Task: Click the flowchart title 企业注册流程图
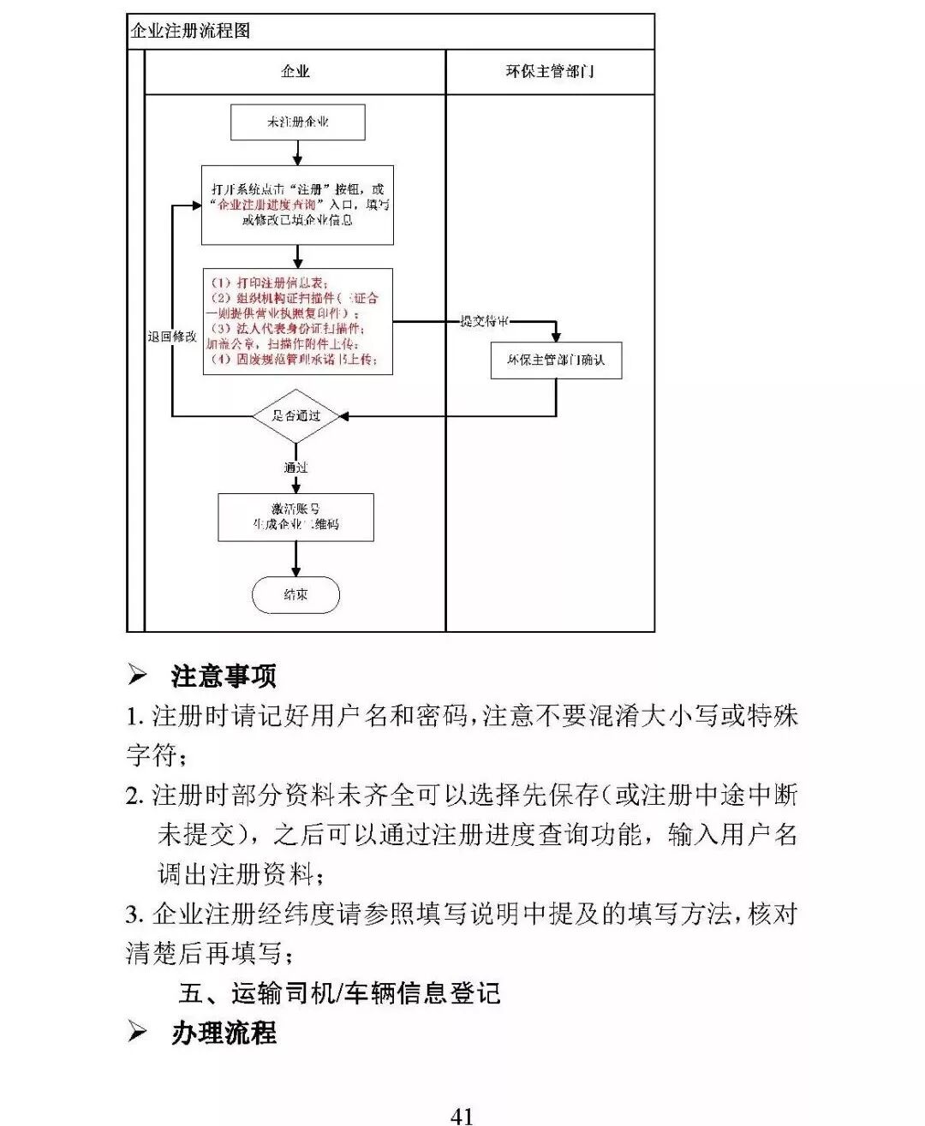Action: pyautogui.click(x=190, y=32)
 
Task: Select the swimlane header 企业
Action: pyautogui.click(x=295, y=72)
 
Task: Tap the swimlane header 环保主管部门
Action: pyautogui.click(x=550, y=72)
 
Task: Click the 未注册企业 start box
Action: pyautogui.click(x=297, y=122)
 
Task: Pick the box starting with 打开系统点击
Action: pyautogui.click(x=297, y=205)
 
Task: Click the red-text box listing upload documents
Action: pyautogui.click(x=297, y=321)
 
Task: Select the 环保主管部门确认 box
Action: pyautogui.click(x=556, y=360)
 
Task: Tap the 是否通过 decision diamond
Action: pyautogui.click(x=295, y=416)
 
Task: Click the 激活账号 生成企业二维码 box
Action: pyautogui.click(x=295, y=517)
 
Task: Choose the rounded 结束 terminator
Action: pyautogui.click(x=295, y=594)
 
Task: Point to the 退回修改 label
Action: pyautogui.click(x=171, y=337)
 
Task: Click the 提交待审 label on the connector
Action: pyautogui.click(x=485, y=321)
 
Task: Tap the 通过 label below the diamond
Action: pyautogui.click(x=295, y=468)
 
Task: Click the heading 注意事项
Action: pyautogui.click(x=224, y=676)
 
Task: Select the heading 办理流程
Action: pyautogui.click(x=224, y=1033)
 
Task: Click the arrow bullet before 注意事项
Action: pyautogui.click(x=137, y=676)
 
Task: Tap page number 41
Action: pyautogui.click(x=462, y=1115)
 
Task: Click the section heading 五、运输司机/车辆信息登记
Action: pyautogui.click(x=339, y=993)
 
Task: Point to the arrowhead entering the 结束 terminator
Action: pyautogui.click(x=296, y=572)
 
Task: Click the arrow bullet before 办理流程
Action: pyautogui.click(x=137, y=1032)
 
